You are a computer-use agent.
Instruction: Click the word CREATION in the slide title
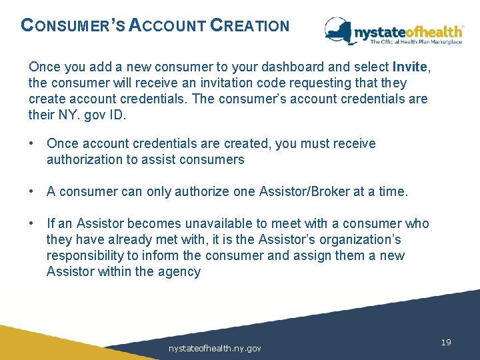click(x=250, y=26)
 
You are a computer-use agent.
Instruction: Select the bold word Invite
click(x=411, y=67)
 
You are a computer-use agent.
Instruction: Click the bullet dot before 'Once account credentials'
click(x=32, y=144)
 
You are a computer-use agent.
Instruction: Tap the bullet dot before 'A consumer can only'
click(x=32, y=192)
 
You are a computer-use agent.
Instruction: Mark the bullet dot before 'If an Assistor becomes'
click(x=32, y=224)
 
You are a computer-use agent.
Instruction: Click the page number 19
click(x=446, y=343)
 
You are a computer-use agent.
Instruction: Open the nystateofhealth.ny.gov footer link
click(x=215, y=348)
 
